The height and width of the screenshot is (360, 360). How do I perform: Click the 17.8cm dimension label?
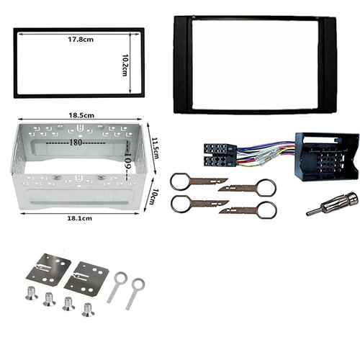click(81, 40)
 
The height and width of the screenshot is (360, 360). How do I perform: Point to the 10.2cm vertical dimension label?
click(125, 65)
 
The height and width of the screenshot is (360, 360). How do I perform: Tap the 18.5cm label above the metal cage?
click(81, 115)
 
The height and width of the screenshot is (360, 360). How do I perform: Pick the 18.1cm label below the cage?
click(79, 218)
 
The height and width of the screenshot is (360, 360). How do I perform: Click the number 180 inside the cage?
click(76, 143)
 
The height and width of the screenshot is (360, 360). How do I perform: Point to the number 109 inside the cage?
click(127, 161)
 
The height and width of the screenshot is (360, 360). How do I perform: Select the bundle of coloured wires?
click(265, 155)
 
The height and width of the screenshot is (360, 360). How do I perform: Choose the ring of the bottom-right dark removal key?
click(267, 210)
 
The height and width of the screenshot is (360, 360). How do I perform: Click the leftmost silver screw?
click(32, 293)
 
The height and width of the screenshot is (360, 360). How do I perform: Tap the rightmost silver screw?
click(88, 310)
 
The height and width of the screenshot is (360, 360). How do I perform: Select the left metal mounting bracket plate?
click(48, 268)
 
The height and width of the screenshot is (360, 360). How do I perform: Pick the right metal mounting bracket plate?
click(86, 279)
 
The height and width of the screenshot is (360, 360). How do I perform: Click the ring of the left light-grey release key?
click(120, 278)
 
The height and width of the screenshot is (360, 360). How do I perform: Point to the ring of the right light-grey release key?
click(138, 284)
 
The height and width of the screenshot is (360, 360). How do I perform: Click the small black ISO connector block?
click(220, 155)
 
